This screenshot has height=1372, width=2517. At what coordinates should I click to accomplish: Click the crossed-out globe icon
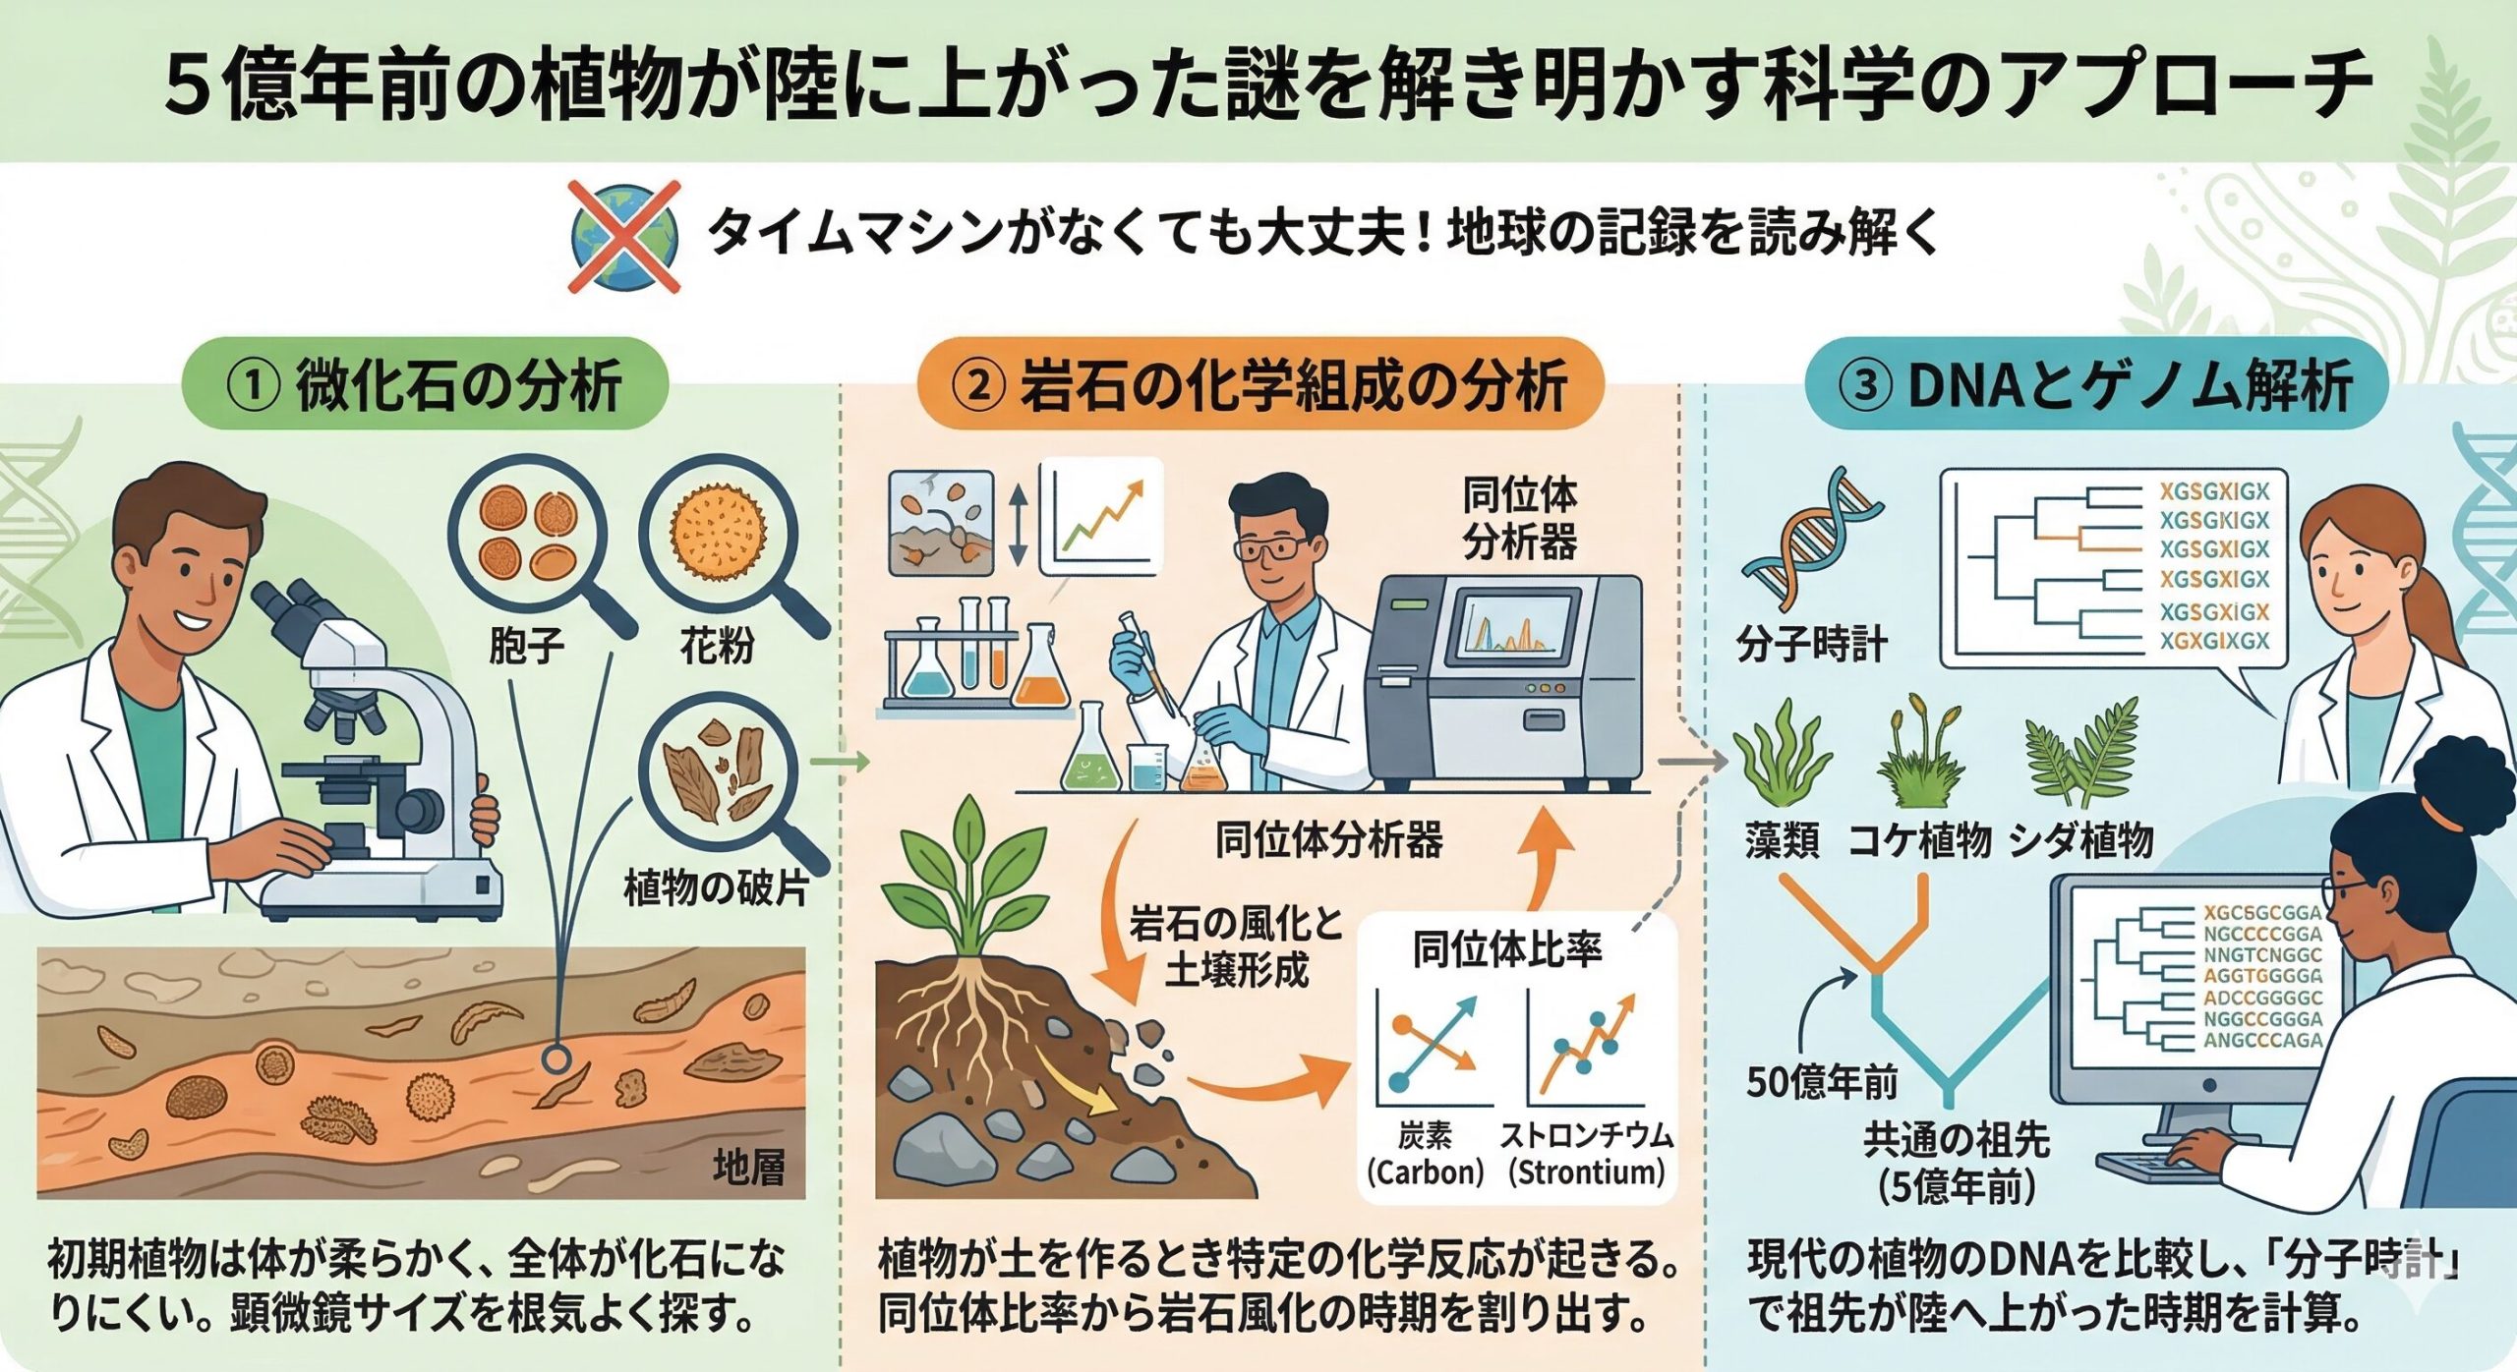[625, 236]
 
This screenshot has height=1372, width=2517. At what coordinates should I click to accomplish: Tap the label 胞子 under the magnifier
[526, 646]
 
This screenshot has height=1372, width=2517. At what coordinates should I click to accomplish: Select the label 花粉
[718, 646]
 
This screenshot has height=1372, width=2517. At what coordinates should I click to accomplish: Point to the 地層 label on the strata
[749, 1167]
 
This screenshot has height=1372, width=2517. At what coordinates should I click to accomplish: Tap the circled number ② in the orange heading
[978, 386]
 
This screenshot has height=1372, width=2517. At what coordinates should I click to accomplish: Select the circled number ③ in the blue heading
[1865, 386]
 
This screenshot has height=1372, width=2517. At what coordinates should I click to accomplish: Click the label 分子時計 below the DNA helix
[1811, 646]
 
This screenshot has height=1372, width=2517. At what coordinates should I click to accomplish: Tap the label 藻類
[1782, 840]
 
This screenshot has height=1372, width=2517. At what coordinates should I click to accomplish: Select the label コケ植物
[1919, 840]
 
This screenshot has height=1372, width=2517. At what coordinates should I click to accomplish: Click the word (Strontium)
[1586, 1172]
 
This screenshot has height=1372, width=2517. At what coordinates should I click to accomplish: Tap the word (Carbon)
[1425, 1172]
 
